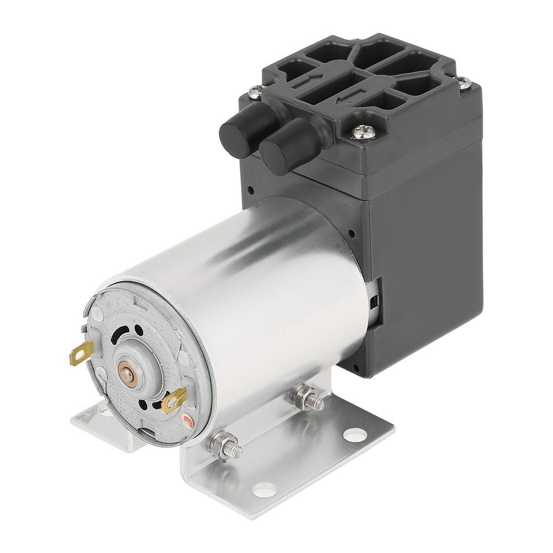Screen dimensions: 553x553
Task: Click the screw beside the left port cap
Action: [x=255, y=89]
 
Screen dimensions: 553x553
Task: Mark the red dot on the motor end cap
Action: [x=188, y=423]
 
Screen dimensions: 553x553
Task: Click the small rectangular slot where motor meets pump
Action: [x=376, y=301]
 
